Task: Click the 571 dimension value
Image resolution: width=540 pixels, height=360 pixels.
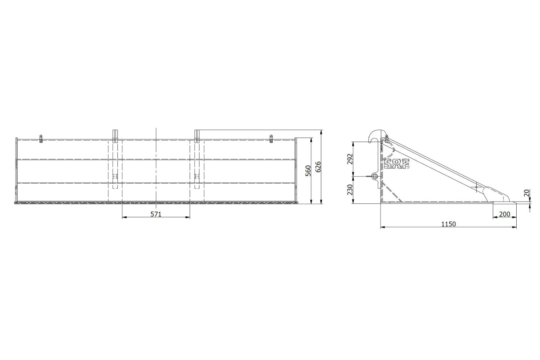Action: (x=156, y=214)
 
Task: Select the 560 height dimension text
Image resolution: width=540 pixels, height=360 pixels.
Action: (x=308, y=171)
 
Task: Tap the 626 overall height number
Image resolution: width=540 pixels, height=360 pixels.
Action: (x=318, y=167)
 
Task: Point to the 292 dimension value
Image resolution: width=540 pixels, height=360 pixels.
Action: (x=350, y=159)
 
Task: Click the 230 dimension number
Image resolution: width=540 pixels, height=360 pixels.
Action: (x=350, y=190)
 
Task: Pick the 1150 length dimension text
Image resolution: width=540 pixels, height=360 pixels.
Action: (x=449, y=224)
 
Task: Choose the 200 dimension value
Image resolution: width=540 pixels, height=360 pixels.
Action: (x=504, y=214)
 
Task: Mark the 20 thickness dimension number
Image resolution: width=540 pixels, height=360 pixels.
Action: (x=527, y=193)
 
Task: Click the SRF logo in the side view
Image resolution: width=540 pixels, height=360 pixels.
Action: (x=397, y=164)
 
